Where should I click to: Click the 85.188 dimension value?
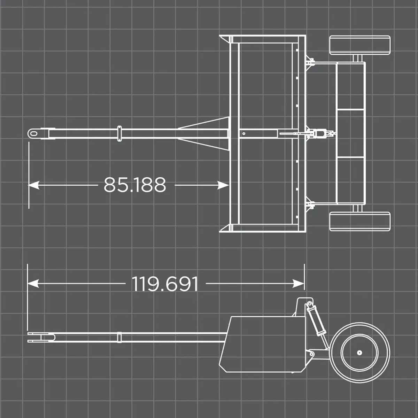click(135, 185)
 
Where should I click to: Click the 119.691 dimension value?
click(165, 284)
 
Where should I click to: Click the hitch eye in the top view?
click(34, 133)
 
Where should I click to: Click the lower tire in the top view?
click(359, 221)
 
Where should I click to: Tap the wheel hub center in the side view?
click(359, 353)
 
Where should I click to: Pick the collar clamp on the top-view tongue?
click(119, 134)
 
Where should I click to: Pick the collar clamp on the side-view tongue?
click(119, 338)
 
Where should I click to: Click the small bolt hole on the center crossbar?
click(244, 133)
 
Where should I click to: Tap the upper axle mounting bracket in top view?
click(310, 63)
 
